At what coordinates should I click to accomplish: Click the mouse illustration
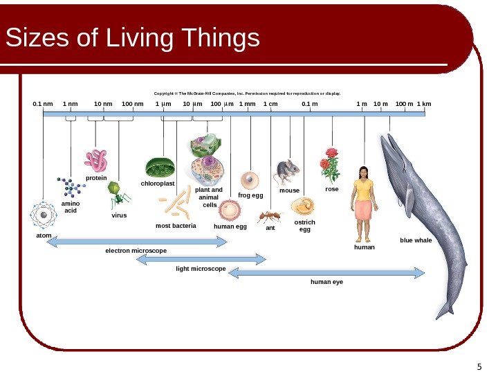pos(288,170)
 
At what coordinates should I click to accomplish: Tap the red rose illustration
pos(330,164)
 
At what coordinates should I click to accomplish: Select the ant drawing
pos(268,216)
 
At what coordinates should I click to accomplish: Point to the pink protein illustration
pos(96,161)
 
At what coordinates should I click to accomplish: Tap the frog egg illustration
pos(250,181)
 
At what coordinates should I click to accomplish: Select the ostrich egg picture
pos(303,206)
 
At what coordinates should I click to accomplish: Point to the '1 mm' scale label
pos(247,105)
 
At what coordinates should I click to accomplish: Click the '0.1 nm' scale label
pos(43,105)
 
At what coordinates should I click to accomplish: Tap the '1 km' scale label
pos(423,105)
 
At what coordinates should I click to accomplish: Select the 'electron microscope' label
pos(136,250)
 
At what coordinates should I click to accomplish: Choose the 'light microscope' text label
pos(201,267)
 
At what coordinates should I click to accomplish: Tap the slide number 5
pos(479,366)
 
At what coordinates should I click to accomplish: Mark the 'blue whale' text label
pos(416,240)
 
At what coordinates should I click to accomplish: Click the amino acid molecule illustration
pos(70,187)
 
